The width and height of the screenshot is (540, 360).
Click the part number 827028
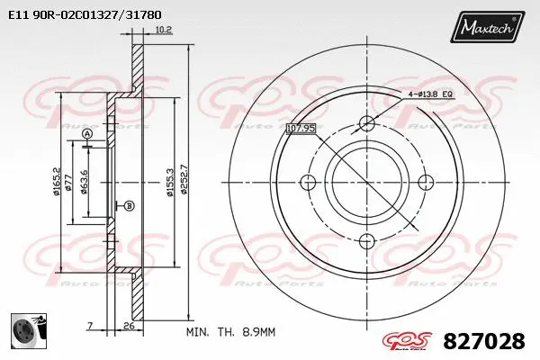[483, 342]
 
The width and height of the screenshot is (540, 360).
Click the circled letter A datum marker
[87, 134]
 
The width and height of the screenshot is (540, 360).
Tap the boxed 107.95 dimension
[301, 128]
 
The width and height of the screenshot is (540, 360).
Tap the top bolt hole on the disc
[365, 123]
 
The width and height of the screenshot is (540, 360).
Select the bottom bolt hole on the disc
[365, 240]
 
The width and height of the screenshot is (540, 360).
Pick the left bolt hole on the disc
[307, 182]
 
